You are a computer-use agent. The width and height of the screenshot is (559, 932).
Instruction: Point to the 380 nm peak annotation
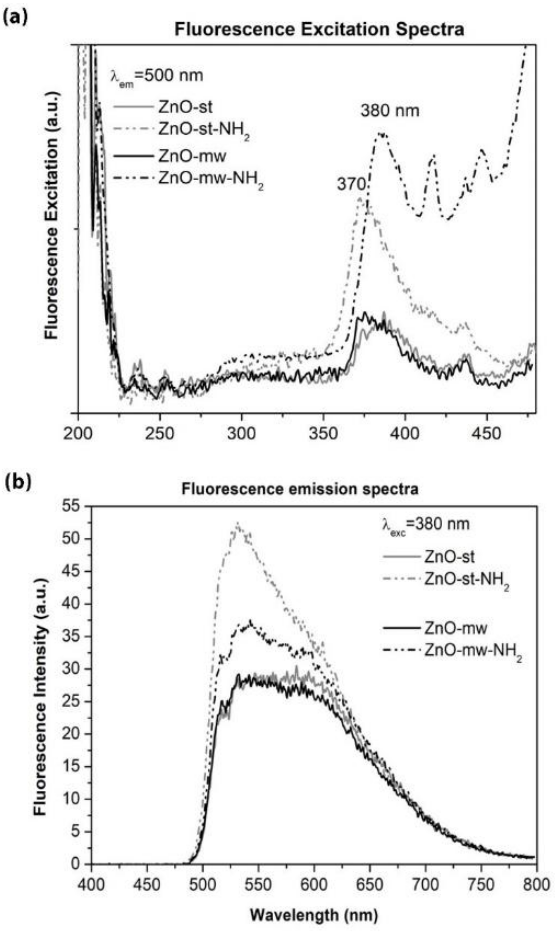tap(390, 111)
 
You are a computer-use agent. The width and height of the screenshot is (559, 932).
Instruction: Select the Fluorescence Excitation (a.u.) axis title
tap(52, 215)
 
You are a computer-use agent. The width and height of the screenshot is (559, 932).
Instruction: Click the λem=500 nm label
tap(157, 76)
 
